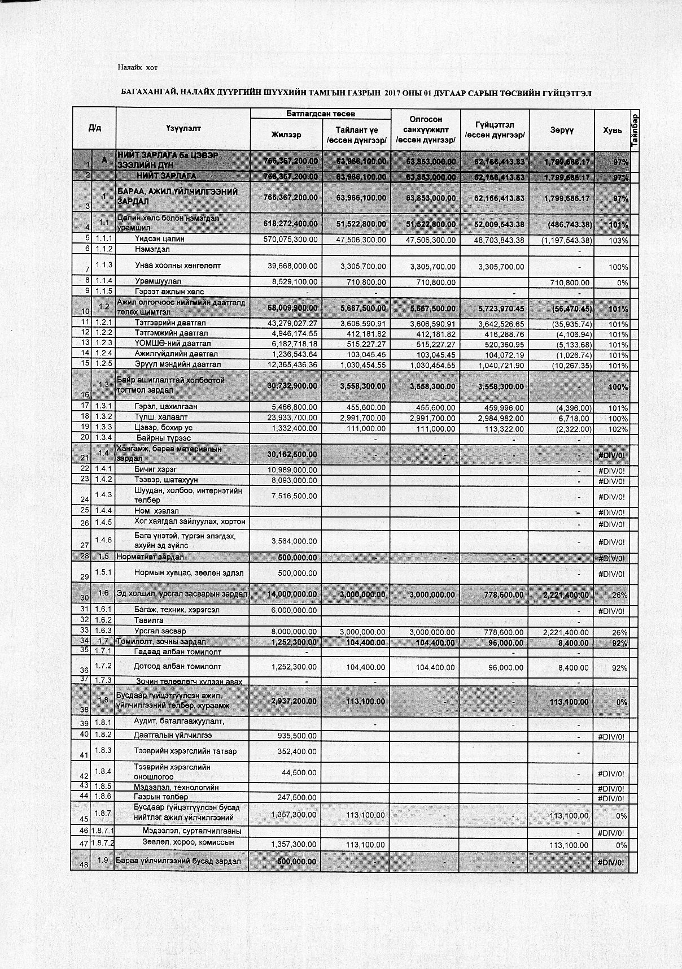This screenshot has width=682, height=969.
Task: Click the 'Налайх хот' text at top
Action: (137, 68)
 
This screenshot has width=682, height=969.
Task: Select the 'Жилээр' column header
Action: (286, 135)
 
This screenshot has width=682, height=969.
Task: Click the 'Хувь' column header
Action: (611, 130)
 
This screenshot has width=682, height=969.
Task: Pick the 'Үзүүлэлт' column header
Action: (183, 129)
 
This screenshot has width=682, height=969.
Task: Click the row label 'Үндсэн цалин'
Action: (160, 239)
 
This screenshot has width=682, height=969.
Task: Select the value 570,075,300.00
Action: (291, 240)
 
